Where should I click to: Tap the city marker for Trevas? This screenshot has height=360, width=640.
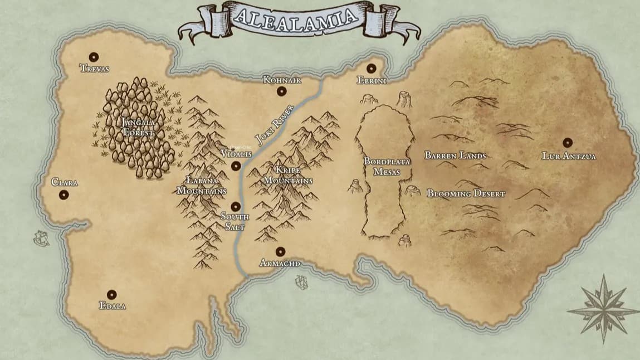(x=94, y=57)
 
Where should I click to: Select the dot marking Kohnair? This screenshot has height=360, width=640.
(x=282, y=91)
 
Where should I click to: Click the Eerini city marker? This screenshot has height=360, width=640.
(x=372, y=68)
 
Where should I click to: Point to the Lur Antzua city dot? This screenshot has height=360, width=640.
(x=568, y=142)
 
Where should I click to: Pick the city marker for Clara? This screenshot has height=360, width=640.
(x=63, y=194)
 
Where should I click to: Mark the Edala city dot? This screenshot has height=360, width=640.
(x=111, y=294)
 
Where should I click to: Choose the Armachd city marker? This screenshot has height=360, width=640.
(x=280, y=251)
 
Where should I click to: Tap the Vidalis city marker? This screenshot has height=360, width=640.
(x=236, y=166)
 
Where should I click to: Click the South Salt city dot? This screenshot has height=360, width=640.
(x=236, y=206)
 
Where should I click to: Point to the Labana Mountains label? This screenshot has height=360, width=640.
(x=202, y=186)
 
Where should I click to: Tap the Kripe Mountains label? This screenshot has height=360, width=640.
(x=287, y=175)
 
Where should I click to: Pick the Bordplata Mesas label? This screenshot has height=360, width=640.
(x=387, y=167)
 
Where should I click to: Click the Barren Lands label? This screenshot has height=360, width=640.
(x=456, y=155)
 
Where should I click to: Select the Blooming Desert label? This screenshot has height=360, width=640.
(x=466, y=194)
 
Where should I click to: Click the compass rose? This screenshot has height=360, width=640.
(x=604, y=307)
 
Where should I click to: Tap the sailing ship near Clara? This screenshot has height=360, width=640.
(x=41, y=238)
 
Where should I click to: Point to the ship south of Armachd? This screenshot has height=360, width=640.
(x=301, y=283)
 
